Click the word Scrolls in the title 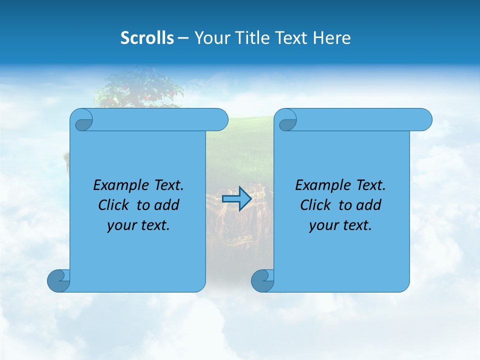pyautogui.click(x=147, y=38)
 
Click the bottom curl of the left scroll pyautogui.click(x=58, y=280)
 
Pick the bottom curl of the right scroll pyautogui.click(x=262, y=280)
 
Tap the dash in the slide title pyautogui.click(x=183, y=38)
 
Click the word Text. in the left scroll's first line pyautogui.click(x=168, y=185)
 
